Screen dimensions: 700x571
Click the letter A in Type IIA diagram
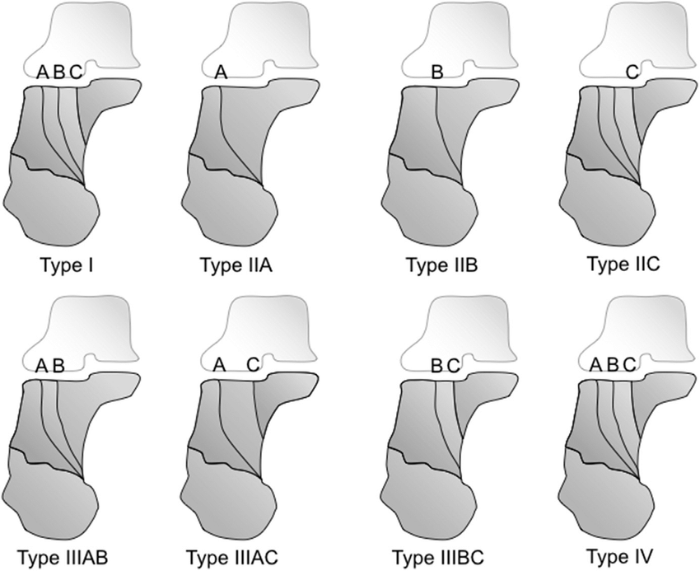tap(220, 73)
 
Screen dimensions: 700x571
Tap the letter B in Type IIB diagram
tap(436, 73)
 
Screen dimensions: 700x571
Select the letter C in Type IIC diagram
tap(632, 73)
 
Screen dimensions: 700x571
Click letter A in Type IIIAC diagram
tap(219, 365)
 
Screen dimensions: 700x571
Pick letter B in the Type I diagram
tap(58, 73)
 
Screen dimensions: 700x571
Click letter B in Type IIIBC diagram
tap(437, 365)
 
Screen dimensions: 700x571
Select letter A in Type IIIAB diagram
tap(41, 365)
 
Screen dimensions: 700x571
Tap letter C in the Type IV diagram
tap(630, 365)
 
